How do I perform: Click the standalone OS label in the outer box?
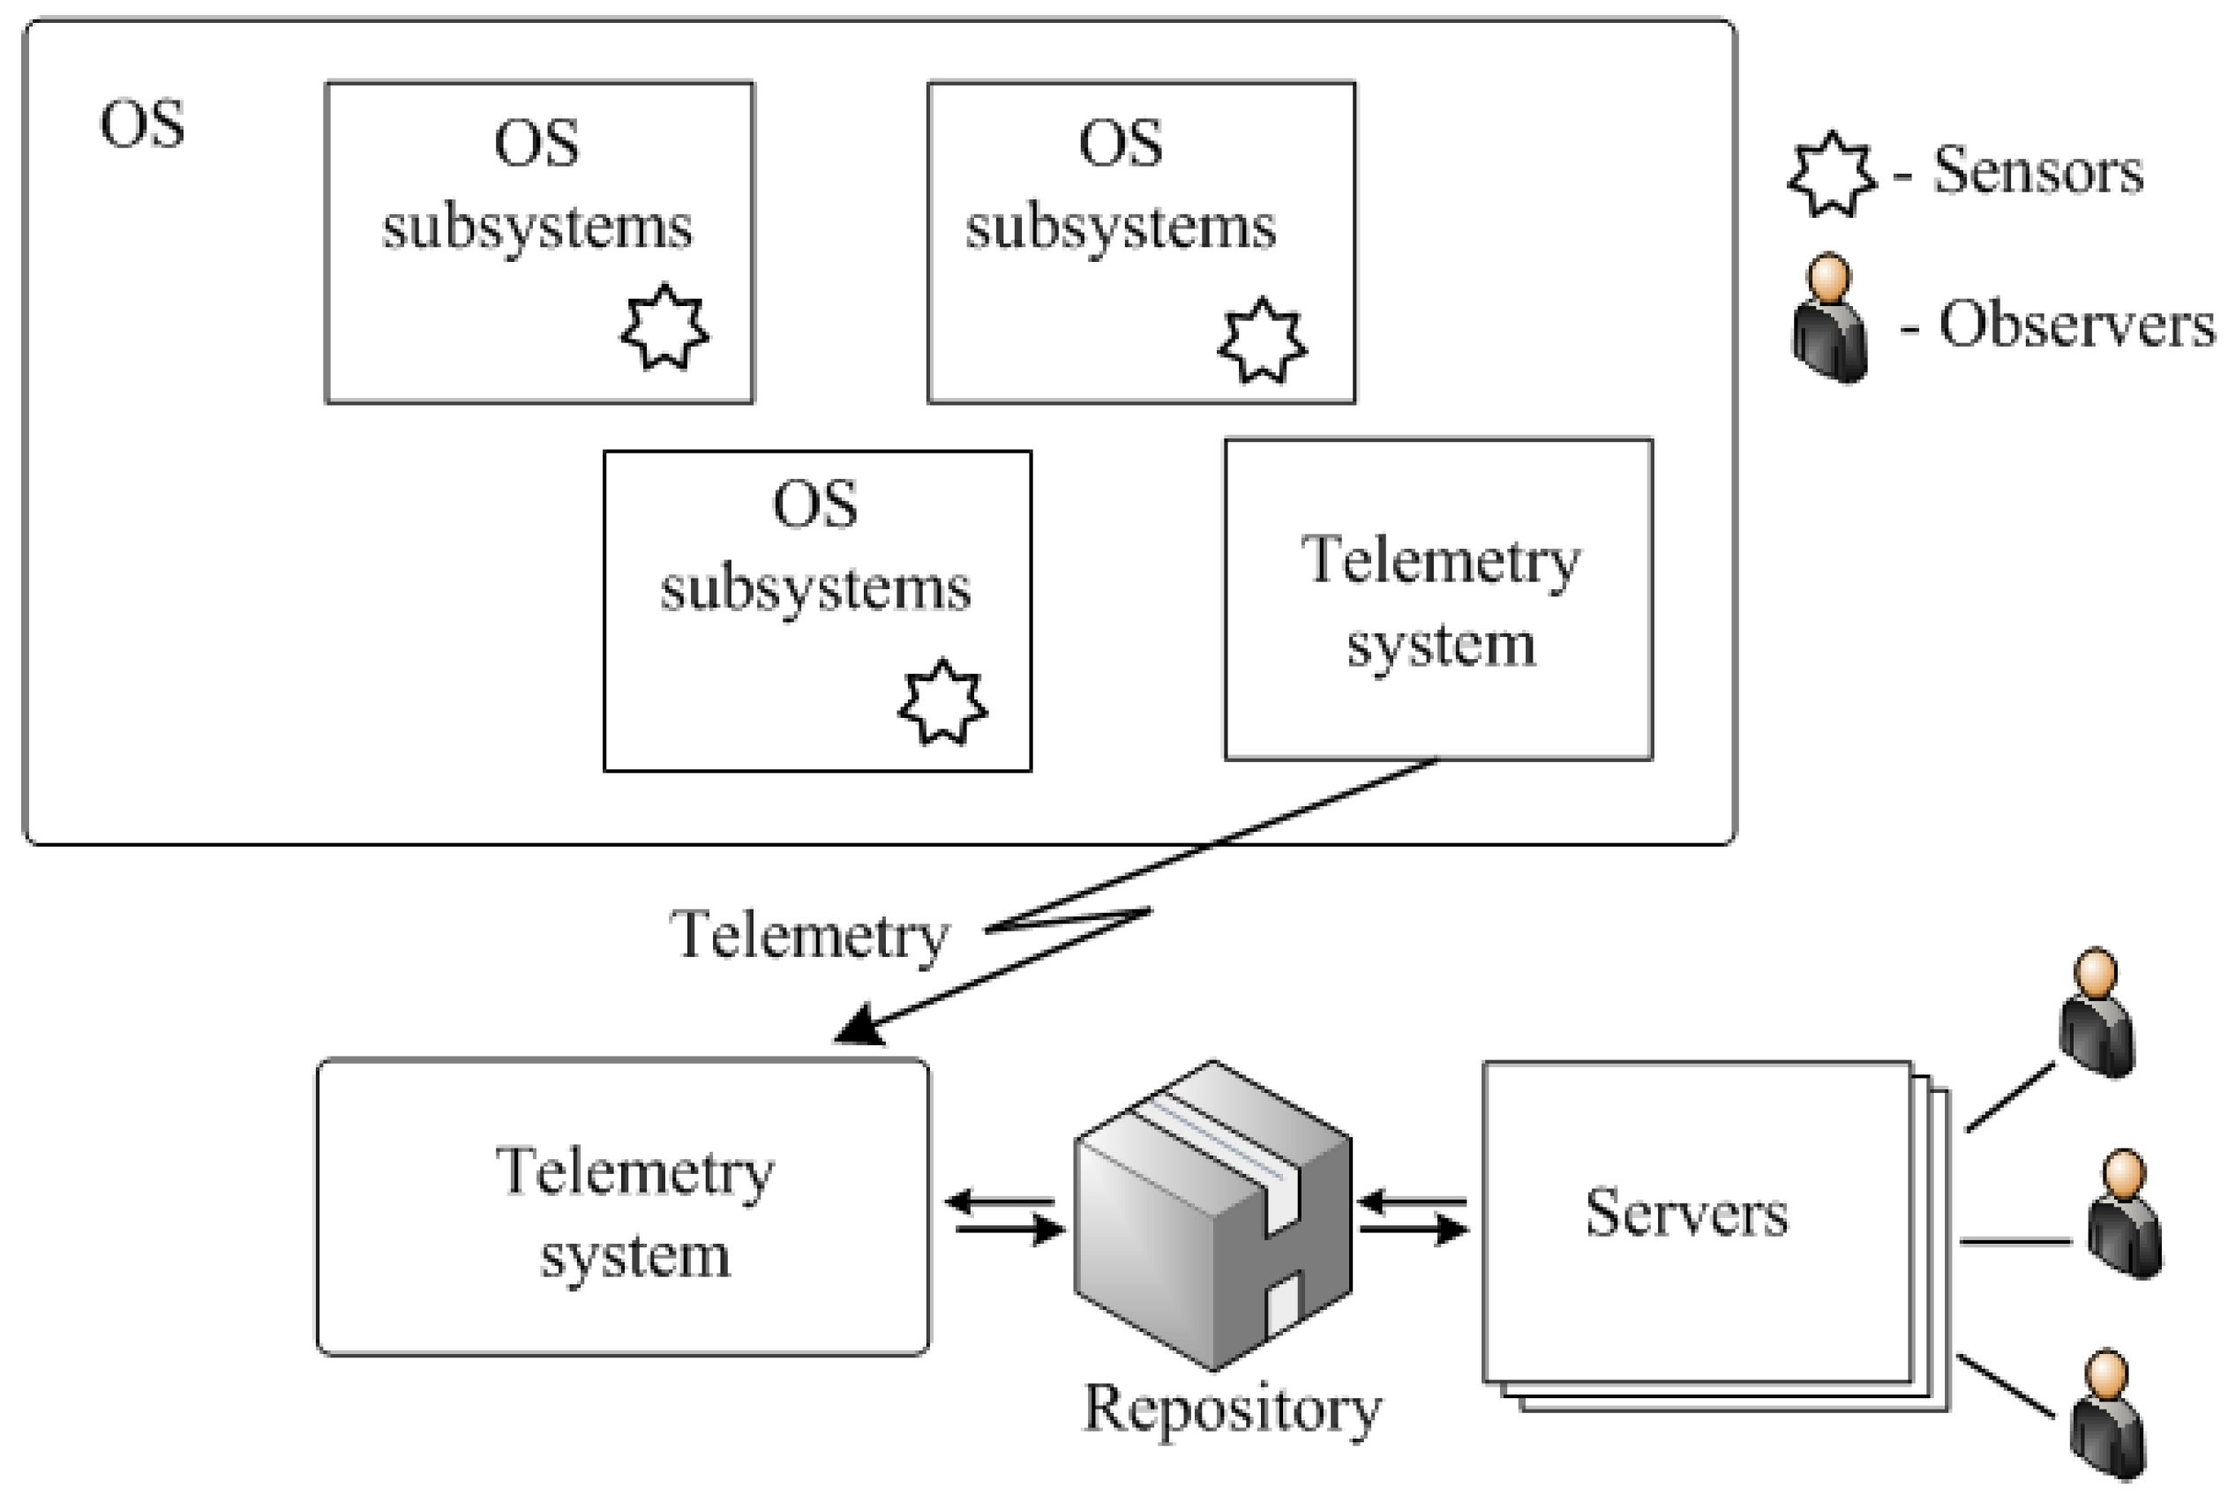point(142,125)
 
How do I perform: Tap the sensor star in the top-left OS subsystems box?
point(664,327)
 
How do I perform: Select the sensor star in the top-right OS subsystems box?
point(1263,340)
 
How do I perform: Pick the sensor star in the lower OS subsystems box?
point(941,702)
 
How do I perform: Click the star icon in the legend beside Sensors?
point(1830,175)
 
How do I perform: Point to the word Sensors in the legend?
point(2038,172)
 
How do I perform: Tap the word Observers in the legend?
point(2076,325)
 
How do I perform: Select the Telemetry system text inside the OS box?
point(1440,601)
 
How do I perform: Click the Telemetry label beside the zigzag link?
point(809,935)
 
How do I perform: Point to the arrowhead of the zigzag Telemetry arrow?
point(857,1028)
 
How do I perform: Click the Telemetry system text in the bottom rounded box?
point(634,1213)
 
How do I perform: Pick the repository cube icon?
point(1212,1216)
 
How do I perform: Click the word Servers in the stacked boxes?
point(1686,1214)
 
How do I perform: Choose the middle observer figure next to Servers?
point(2123,1214)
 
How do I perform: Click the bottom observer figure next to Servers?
point(2107,1414)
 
